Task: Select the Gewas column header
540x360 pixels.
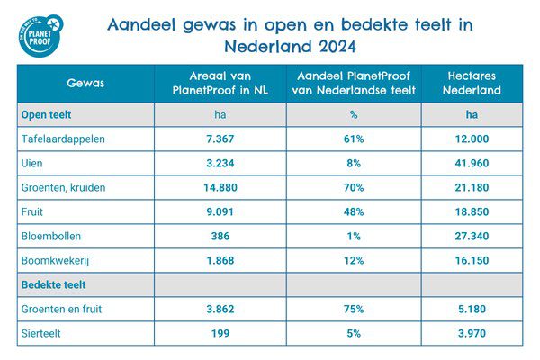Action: [x=85, y=83]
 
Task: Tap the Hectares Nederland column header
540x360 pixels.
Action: [x=472, y=83]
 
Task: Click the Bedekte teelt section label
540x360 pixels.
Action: [x=52, y=285]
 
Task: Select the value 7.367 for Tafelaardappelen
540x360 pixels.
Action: [x=220, y=139]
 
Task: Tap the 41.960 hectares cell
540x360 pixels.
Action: [x=472, y=164]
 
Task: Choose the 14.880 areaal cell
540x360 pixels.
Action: [x=220, y=188]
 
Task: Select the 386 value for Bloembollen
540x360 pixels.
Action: [x=220, y=237]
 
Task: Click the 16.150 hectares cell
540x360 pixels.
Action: [x=472, y=261]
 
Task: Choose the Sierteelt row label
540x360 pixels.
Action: [x=41, y=334]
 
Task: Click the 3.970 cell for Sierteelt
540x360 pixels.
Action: [x=472, y=334]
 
